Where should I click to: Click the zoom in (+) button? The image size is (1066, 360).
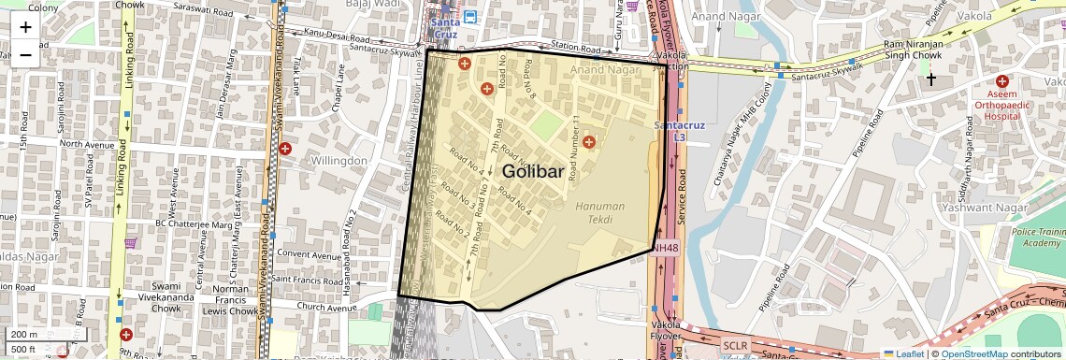(25, 26)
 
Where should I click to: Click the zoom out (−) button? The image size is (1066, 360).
(25, 53)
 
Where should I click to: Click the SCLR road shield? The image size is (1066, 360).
(735, 345)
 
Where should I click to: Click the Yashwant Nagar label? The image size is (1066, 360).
(1024, 208)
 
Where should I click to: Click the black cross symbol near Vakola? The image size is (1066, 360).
(930, 80)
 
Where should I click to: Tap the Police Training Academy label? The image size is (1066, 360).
(1037, 237)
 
